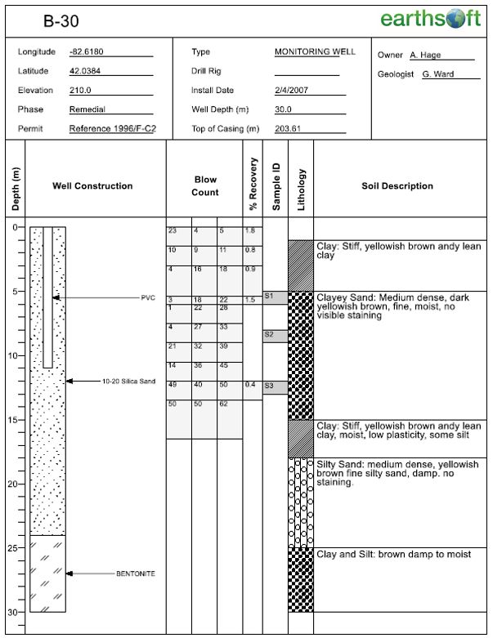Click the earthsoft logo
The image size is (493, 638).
click(430, 19)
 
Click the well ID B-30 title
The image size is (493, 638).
click(61, 20)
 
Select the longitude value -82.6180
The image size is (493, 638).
click(87, 52)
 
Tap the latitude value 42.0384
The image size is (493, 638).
click(85, 71)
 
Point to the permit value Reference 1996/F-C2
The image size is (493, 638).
click(112, 129)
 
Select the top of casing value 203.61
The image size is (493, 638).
click(288, 129)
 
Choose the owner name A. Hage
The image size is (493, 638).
click(427, 56)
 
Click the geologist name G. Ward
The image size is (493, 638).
click(439, 74)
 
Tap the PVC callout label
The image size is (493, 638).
click(147, 298)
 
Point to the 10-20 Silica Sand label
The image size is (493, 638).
click(128, 381)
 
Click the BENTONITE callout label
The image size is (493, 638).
click(135, 573)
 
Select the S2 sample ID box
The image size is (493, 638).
click(274, 336)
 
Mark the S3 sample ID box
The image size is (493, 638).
click(274, 386)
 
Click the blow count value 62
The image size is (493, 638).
click(224, 404)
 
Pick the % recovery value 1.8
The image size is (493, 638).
click(250, 231)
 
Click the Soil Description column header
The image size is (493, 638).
click(397, 186)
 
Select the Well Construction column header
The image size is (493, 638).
click(92, 186)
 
